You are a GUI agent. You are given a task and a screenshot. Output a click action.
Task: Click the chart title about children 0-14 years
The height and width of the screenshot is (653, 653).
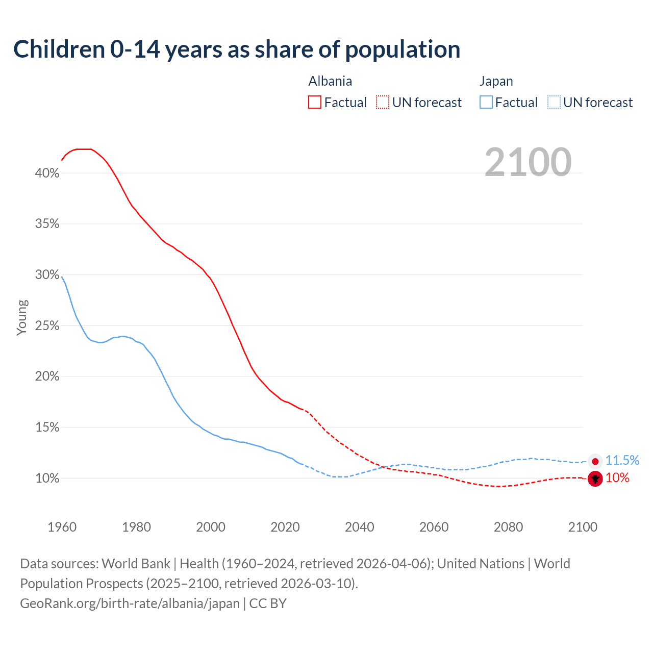click(x=237, y=49)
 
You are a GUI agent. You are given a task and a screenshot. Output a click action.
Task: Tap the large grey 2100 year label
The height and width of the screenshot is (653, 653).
click(x=528, y=162)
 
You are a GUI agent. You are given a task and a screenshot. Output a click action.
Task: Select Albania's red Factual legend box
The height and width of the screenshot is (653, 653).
click(x=315, y=103)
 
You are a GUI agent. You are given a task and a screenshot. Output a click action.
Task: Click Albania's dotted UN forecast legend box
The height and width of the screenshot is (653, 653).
click(x=383, y=103)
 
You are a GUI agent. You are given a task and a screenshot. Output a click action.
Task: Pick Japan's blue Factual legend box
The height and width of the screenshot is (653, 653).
click(x=486, y=103)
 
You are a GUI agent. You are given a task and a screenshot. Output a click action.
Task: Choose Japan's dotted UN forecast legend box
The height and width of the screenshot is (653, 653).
click(x=554, y=103)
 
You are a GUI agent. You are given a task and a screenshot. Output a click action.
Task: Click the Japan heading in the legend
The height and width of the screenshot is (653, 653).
click(x=496, y=82)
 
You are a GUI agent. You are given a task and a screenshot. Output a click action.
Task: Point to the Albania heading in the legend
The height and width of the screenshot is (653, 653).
click(x=330, y=82)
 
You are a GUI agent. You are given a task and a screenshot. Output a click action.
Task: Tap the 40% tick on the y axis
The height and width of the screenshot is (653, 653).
click(x=47, y=173)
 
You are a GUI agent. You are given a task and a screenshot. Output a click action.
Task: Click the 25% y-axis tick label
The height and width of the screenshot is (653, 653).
click(x=47, y=325)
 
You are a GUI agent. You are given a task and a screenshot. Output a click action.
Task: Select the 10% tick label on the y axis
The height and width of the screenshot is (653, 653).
click(x=47, y=478)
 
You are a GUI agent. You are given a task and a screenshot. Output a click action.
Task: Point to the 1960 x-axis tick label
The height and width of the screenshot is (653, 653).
click(x=62, y=527)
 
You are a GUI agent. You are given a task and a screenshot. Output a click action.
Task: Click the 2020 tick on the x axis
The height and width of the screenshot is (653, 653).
click(x=285, y=527)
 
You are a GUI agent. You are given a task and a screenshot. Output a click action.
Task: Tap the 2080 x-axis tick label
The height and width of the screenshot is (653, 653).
click(x=508, y=527)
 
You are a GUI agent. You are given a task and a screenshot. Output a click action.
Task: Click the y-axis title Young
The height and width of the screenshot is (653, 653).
click(x=22, y=317)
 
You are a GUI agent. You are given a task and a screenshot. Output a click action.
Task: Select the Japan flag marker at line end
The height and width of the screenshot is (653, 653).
click(x=595, y=461)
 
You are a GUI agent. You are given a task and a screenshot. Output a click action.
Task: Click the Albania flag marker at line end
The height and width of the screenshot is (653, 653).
click(x=595, y=479)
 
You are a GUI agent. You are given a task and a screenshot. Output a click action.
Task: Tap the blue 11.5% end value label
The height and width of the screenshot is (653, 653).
click(x=622, y=460)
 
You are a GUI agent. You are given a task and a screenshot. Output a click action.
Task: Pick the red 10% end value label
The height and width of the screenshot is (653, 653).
click(x=617, y=478)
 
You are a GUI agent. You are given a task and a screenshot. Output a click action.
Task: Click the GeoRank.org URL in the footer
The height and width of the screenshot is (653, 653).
click(x=130, y=604)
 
